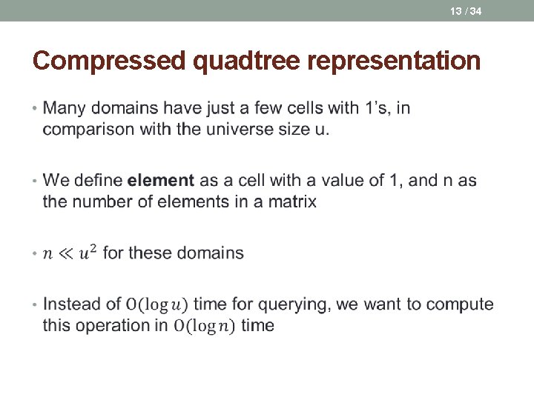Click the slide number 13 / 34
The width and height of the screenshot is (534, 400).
465,10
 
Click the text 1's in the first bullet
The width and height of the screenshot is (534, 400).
378,108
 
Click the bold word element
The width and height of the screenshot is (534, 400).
161,180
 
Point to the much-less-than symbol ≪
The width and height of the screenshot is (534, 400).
64,253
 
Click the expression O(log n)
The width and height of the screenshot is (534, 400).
204,326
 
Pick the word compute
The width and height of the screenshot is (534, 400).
464,304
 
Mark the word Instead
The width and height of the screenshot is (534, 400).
73,304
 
